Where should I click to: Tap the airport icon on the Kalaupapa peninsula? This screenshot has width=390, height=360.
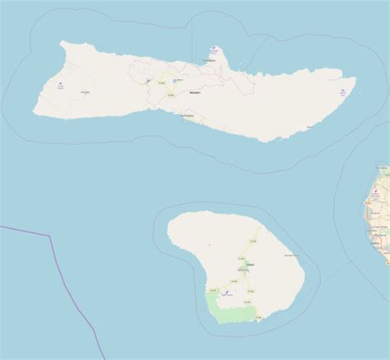click(x=216, y=48)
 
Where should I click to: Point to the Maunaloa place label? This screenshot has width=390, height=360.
click(x=86, y=92)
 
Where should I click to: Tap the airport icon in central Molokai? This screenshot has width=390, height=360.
click(x=148, y=81)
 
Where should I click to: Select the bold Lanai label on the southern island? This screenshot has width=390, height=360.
click(x=250, y=264)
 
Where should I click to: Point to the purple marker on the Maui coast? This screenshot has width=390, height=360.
click(x=374, y=194)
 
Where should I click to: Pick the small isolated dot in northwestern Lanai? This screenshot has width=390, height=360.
click(x=211, y=245)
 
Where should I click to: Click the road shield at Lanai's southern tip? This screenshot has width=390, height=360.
click(x=258, y=316)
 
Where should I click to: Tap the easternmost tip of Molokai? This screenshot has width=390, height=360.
click(x=355, y=81)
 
